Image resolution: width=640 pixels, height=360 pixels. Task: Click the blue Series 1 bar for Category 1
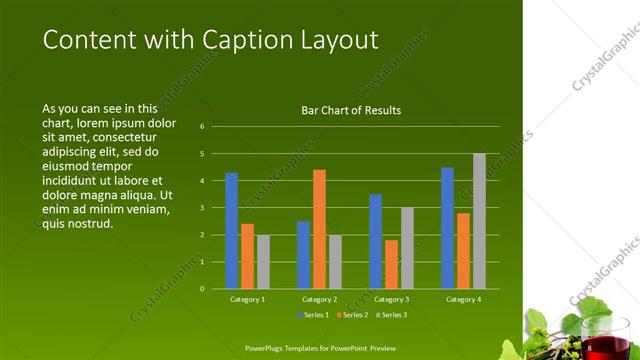[x=231, y=231]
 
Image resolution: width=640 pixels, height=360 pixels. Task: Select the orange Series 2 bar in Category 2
[x=319, y=229]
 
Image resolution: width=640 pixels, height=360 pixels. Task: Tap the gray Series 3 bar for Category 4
[x=479, y=221]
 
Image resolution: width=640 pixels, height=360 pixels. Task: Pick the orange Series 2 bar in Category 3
[x=391, y=264]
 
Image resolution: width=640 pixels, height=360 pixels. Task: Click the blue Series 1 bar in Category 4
[x=447, y=228]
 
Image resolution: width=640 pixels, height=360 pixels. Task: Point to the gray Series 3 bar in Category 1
[x=263, y=262]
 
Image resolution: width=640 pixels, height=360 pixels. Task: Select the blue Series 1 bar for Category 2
[x=303, y=255]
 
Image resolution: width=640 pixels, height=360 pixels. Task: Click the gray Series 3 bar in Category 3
[x=407, y=248]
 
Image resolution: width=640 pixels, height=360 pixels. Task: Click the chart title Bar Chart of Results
[x=351, y=111]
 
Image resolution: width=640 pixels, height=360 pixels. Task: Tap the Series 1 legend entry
[x=314, y=315]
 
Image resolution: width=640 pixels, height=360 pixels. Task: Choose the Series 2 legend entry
[x=352, y=315]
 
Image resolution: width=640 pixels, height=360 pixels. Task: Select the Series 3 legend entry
[x=390, y=315]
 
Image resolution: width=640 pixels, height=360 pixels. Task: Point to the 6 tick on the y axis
[x=202, y=127]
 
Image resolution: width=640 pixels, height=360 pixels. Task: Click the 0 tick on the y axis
[x=202, y=289]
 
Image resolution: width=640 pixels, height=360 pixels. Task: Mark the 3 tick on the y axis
[x=202, y=208]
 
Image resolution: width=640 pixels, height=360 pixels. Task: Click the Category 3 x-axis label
[x=391, y=299]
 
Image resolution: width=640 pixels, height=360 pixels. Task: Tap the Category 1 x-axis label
[x=247, y=299]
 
